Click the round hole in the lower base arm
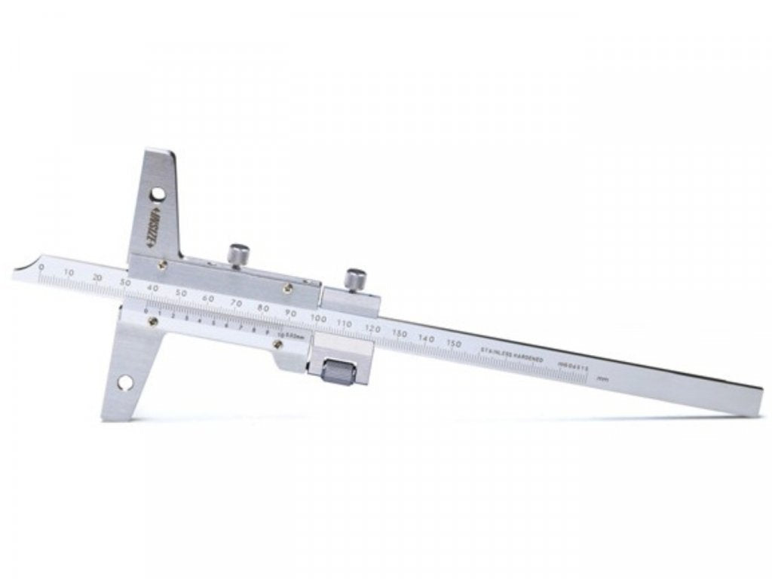[x=124, y=384]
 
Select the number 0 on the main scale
[x=41, y=268]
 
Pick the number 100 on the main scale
[x=317, y=320]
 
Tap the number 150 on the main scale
[x=453, y=344]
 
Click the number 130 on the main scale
[x=400, y=334]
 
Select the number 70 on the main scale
[x=235, y=304]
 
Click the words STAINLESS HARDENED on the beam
[x=512, y=355]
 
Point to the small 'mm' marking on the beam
[x=601, y=381]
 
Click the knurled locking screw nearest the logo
[x=240, y=253]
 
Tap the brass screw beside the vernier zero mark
[x=153, y=321]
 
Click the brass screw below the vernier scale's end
[x=278, y=345]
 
